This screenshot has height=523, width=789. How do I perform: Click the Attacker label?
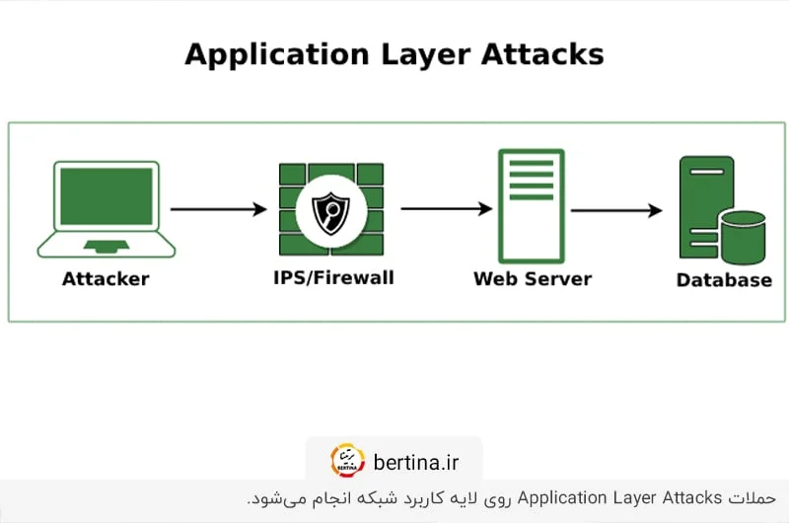pos(106,279)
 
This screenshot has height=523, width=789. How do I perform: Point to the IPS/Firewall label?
pos(333,278)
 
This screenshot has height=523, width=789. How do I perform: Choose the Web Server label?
pos(533,279)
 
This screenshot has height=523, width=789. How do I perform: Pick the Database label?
pos(724,280)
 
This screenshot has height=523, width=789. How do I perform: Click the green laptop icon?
pos(106,208)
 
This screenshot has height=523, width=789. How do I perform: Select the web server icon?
pos(532,205)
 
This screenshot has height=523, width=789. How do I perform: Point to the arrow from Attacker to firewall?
pos(218,209)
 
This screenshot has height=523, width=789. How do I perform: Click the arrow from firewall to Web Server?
pos(446,209)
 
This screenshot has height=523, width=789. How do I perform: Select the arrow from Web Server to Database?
pos(615,210)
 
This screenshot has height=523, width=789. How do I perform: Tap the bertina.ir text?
pos(415,461)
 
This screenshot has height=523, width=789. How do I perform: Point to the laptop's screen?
pos(106,195)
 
